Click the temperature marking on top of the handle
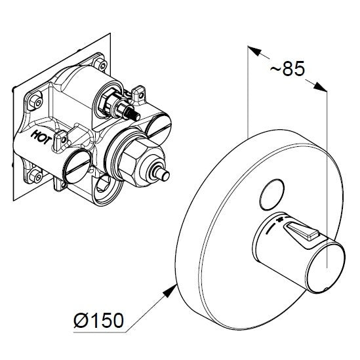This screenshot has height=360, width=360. pos(282,221)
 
